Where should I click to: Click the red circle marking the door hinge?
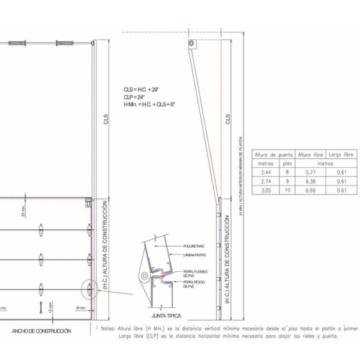click(89, 289)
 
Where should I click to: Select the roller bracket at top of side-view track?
click(191, 45)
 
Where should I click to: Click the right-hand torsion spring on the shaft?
click(64, 43)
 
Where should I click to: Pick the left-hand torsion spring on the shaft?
click(22, 43)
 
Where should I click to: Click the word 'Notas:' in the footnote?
click(107, 329)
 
